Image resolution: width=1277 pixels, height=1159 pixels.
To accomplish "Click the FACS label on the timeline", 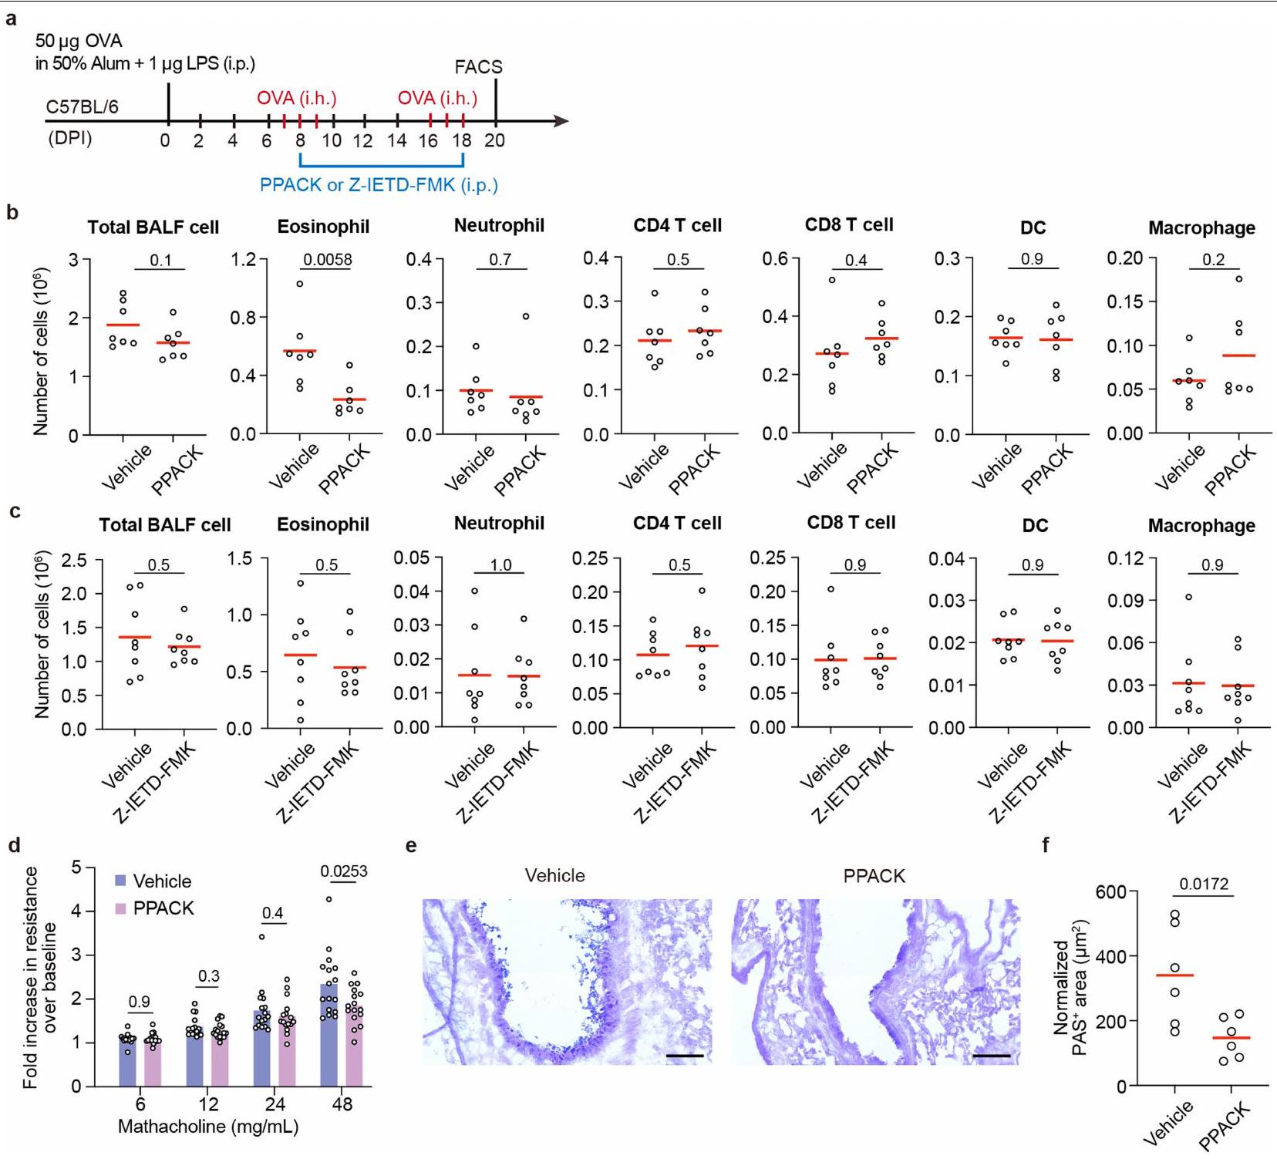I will [478, 67].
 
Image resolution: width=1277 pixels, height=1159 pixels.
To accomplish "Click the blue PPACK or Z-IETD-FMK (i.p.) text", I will [379, 185].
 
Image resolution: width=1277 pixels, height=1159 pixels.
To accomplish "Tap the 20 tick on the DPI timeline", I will [494, 140].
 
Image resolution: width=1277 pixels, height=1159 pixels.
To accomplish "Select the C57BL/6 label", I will [82, 107].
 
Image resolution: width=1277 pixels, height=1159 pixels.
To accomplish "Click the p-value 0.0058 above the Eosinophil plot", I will [328, 259].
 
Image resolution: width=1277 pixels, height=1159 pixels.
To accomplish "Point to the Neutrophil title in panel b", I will [499, 225].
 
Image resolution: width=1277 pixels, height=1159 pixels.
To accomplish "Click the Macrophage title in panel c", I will [1201, 526].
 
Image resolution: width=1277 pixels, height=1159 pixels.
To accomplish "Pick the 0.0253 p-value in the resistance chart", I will [344, 871].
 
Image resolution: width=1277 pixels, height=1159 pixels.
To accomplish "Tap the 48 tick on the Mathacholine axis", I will [342, 1104].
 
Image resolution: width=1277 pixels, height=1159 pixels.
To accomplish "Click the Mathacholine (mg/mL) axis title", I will [208, 1127].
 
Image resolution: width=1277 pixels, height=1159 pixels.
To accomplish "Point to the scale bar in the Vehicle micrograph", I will [684, 1055].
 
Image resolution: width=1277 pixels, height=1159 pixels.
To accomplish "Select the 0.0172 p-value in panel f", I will [1204, 884].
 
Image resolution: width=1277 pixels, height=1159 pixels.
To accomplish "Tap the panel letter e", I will [411, 846].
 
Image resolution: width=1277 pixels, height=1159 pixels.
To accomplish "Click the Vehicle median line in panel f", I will [1174, 975].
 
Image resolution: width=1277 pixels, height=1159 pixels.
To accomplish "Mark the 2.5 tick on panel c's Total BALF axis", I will [74, 560].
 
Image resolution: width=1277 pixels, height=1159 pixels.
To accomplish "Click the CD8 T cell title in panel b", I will [849, 224].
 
